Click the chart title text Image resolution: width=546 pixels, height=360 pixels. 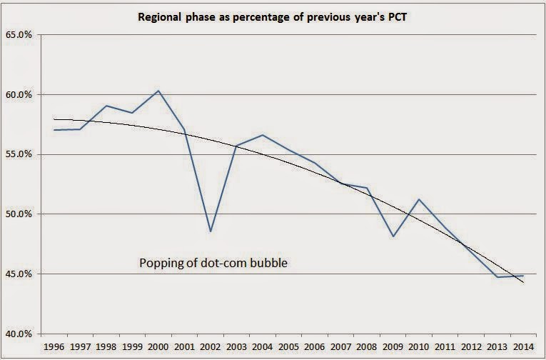273,15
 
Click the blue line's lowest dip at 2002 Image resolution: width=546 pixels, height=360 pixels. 211,231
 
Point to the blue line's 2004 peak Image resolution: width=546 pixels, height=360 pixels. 263,135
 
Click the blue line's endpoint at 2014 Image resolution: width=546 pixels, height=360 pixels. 524,276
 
